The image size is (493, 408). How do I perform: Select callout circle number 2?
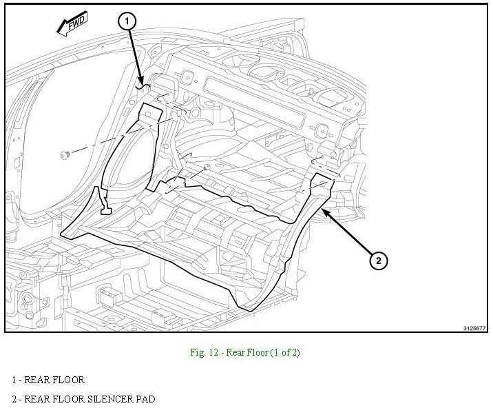pyautogui.click(x=377, y=261)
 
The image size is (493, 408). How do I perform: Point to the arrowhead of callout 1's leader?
pyautogui.click(x=142, y=85)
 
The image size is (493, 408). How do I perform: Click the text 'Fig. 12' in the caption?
pyautogui.click(x=204, y=353)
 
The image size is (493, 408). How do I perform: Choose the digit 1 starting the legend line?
pyautogui.click(x=14, y=380)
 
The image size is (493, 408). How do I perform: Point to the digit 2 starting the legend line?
pyautogui.click(x=14, y=399)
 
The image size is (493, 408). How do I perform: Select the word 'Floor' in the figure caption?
pyautogui.click(x=260, y=353)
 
